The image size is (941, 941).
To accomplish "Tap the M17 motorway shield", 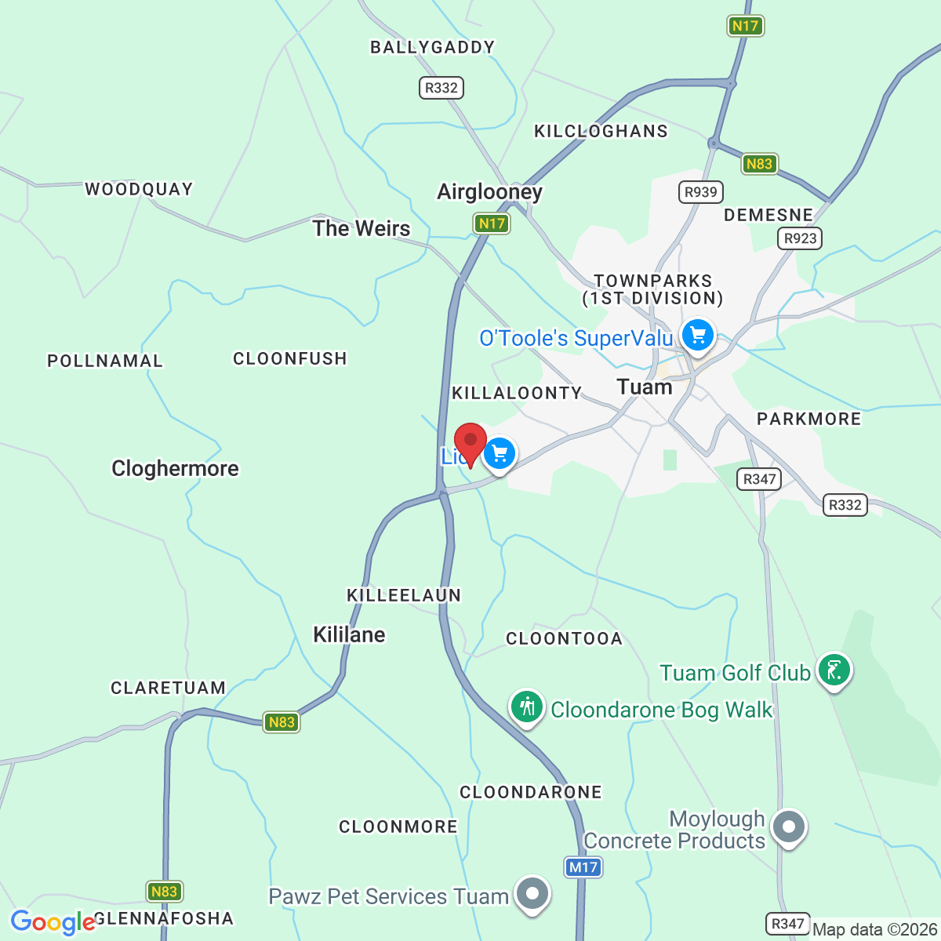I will pos(583,867).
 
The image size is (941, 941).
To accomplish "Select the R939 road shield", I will pos(700,192).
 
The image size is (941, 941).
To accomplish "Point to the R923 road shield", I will pos(800,238).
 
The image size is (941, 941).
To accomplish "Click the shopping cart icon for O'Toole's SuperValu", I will pos(697,336).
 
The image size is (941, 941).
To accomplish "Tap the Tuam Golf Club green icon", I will pos(834,670).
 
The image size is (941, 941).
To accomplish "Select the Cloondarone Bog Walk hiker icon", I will pos(527,707).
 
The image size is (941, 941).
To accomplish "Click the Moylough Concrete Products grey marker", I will pos(789,827).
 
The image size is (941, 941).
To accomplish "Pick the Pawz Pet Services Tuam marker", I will pos(533,893).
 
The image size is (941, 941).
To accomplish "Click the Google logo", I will pos(53,922).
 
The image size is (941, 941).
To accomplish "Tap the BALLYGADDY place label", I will pos(432,48).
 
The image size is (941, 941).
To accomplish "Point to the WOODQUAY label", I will pos(139,189).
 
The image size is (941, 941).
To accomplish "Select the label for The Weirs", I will pos(362,228).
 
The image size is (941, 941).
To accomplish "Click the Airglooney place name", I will pos(489,192).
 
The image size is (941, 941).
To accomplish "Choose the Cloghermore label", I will pos(175,468).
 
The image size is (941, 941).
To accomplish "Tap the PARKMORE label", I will pos(808,419).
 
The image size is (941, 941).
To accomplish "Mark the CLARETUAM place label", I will pos(168,688).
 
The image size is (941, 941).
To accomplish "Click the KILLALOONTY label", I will pos(517,393).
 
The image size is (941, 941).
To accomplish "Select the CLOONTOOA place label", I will pos(564,638).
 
